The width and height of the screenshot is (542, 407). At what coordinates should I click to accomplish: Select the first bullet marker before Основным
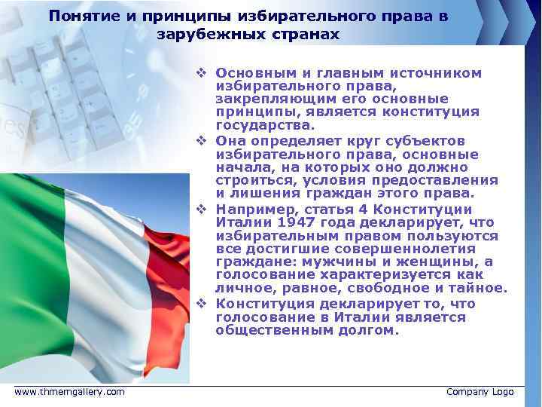(x=201, y=73)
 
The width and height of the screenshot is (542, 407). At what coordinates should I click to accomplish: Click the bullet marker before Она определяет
(x=201, y=141)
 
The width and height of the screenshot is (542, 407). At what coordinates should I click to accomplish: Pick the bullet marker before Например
(x=201, y=209)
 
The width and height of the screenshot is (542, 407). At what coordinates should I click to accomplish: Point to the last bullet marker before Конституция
(x=201, y=303)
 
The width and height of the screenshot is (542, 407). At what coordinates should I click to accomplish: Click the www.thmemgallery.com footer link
(x=70, y=392)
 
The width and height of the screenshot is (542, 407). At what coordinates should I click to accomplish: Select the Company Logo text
(x=480, y=392)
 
